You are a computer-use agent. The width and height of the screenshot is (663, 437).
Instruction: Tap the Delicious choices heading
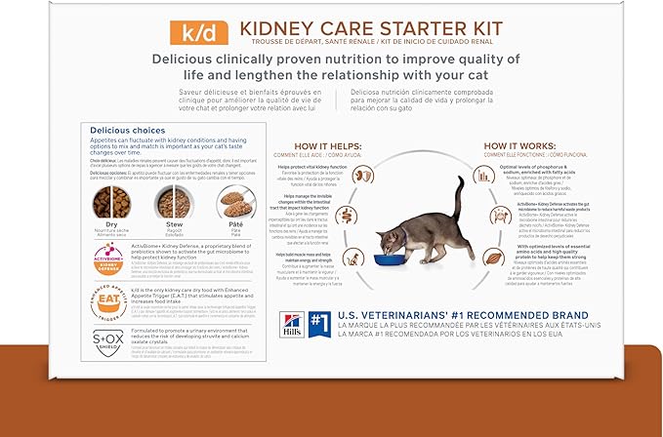(128, 130)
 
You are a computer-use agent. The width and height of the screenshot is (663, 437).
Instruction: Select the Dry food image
(112, 202)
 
